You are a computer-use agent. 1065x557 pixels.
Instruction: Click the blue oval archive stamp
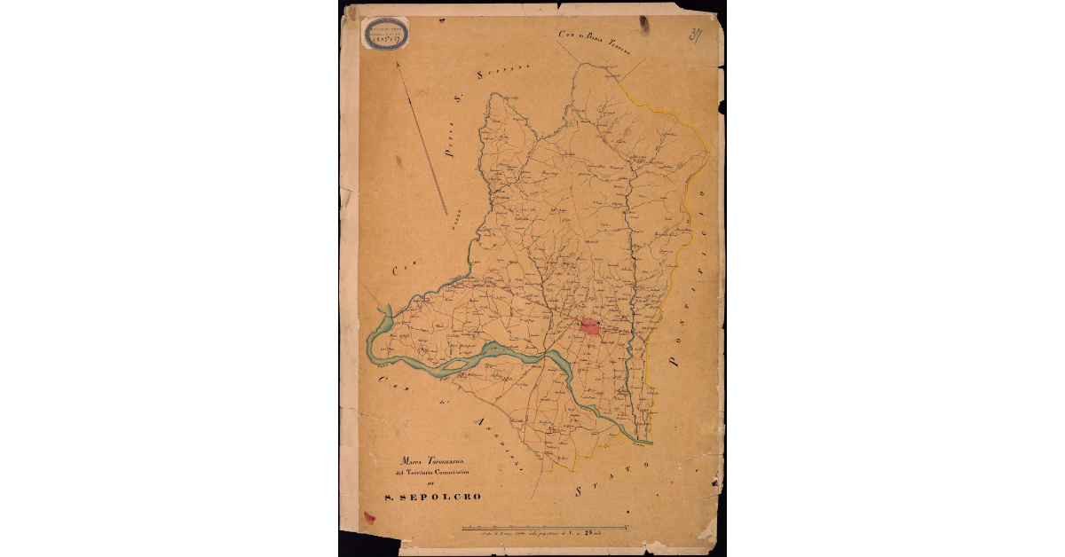[x=385, y=33]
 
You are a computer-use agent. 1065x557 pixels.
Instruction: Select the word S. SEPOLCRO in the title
[x=433, y=497]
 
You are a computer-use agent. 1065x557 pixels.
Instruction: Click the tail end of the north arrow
[x=446, y=214]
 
